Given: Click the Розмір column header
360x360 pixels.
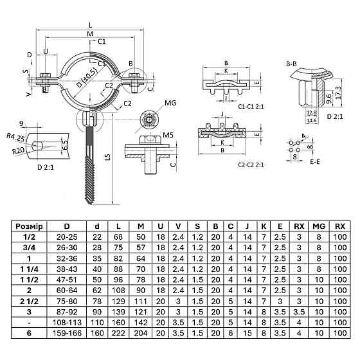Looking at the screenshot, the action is point(29,226).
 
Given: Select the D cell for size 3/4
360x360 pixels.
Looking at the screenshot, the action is point(67,248).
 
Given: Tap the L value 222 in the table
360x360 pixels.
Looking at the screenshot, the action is point(118,333).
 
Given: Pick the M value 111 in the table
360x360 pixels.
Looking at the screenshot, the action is point(141,301).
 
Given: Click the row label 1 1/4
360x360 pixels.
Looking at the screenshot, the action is point(29,269).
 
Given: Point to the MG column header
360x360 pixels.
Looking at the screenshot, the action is point(319,226).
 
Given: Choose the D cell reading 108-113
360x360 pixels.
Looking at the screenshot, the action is point(67,322).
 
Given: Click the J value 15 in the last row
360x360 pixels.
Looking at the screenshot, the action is point(248,333).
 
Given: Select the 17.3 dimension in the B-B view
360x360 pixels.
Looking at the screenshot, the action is point(339,93).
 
